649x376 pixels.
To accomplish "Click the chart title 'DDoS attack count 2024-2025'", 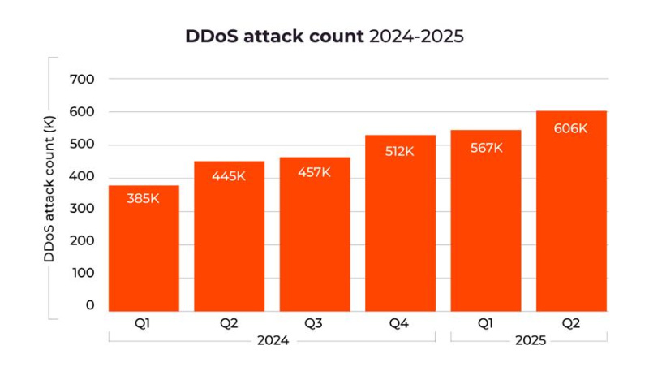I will click(324, 37).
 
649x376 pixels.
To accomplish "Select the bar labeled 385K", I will click(144, 248).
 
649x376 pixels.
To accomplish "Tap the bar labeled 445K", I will click(229, 236).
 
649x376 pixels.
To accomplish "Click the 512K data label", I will click(400, 150).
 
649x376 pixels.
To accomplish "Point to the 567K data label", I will click(486, 148).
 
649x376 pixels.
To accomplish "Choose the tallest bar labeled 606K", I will click(571, 211).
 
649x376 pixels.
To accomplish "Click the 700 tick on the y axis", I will click(84, 80).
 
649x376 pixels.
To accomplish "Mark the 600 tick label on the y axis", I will click(84, 112).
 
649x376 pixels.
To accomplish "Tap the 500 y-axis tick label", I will click(84, 145).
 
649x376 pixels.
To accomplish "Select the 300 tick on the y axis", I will click(84, 209).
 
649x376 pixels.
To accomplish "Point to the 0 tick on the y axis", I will click(89, 305).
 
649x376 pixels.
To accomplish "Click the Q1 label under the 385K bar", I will click(143, 323).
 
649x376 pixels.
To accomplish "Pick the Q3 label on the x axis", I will click(315, 323).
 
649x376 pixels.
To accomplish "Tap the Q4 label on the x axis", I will click(400, 323).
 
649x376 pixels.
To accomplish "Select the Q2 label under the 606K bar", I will click(571, 323).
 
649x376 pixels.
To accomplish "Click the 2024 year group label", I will click(273, 341).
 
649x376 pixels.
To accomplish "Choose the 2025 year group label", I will click(530, 341).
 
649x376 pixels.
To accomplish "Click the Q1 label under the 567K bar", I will click(486, 323).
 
